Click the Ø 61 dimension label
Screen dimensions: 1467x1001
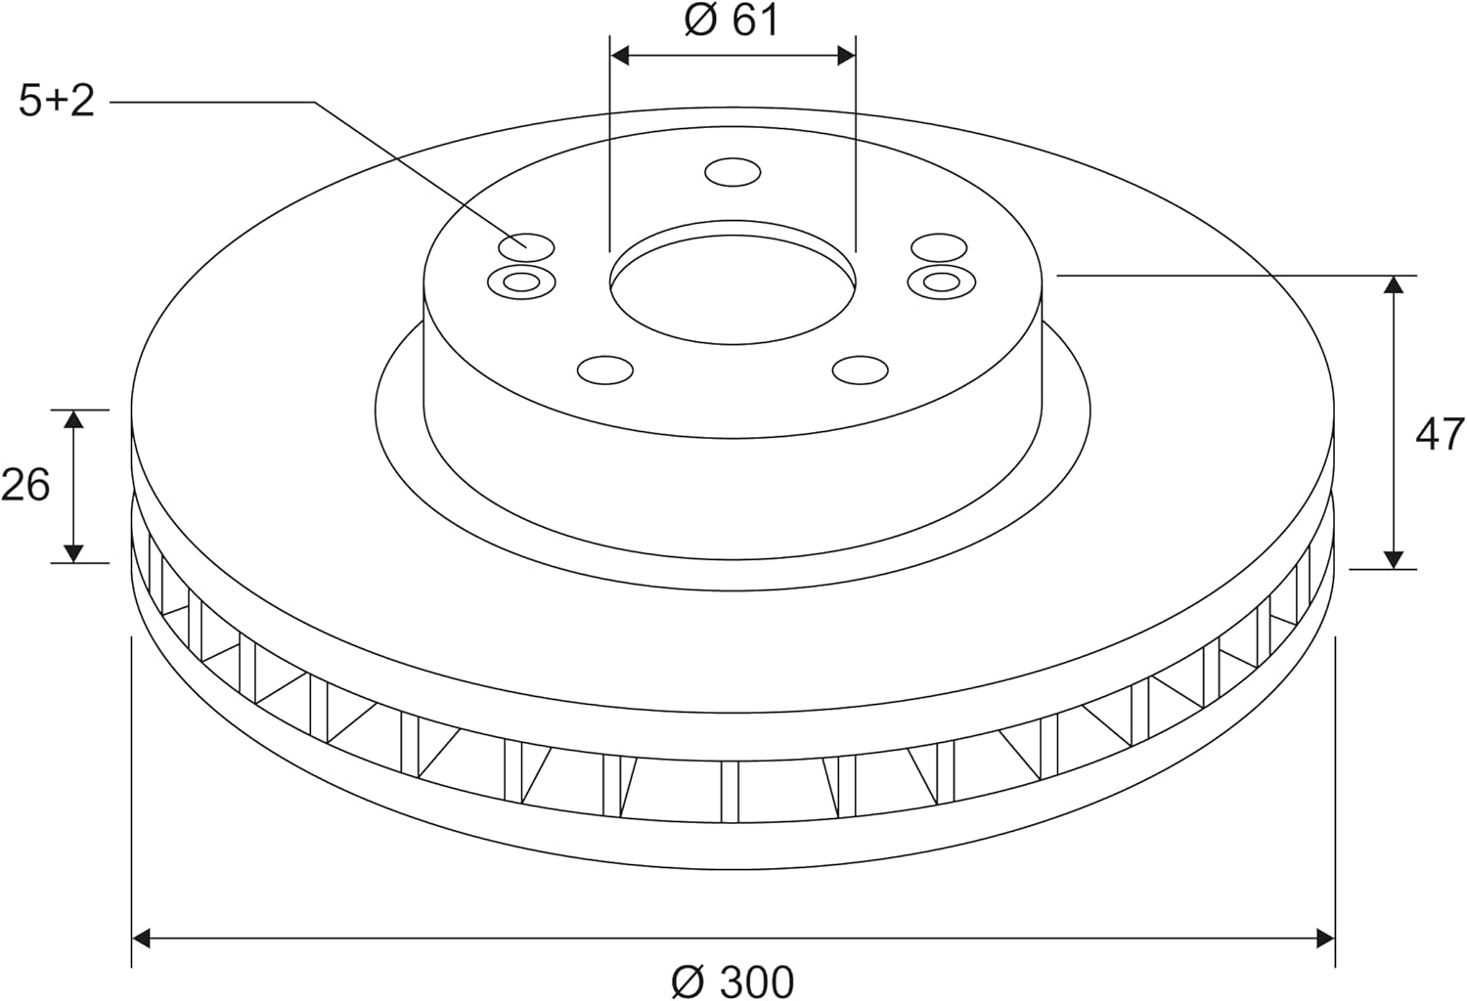[732, 20]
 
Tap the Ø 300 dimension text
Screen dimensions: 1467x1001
[733, 981]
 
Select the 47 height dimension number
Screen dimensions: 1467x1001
[1440, 434]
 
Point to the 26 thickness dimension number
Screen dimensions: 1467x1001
[24, 485]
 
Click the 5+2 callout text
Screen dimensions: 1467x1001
[57, 101]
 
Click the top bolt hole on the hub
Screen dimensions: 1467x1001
[733, 172]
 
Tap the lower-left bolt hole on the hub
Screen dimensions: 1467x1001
[605, 370]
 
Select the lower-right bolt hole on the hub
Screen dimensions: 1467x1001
[861, 370]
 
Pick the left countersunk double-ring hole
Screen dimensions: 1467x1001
[522, 283]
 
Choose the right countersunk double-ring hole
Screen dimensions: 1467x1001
[942, 283]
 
